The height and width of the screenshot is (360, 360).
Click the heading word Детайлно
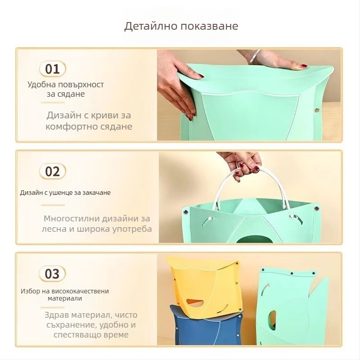151,26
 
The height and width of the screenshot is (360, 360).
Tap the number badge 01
52,69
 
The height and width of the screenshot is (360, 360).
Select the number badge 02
52,171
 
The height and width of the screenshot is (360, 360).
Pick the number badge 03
52,274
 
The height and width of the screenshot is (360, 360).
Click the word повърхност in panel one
81,85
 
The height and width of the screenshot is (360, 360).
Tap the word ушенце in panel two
61,193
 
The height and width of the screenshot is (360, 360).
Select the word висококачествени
80,291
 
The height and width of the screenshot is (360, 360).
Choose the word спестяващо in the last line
77,335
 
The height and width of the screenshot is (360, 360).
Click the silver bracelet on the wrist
254,56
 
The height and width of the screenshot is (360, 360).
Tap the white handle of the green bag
250,188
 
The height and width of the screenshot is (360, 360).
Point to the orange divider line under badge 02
53,205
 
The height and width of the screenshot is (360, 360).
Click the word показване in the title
209,26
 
